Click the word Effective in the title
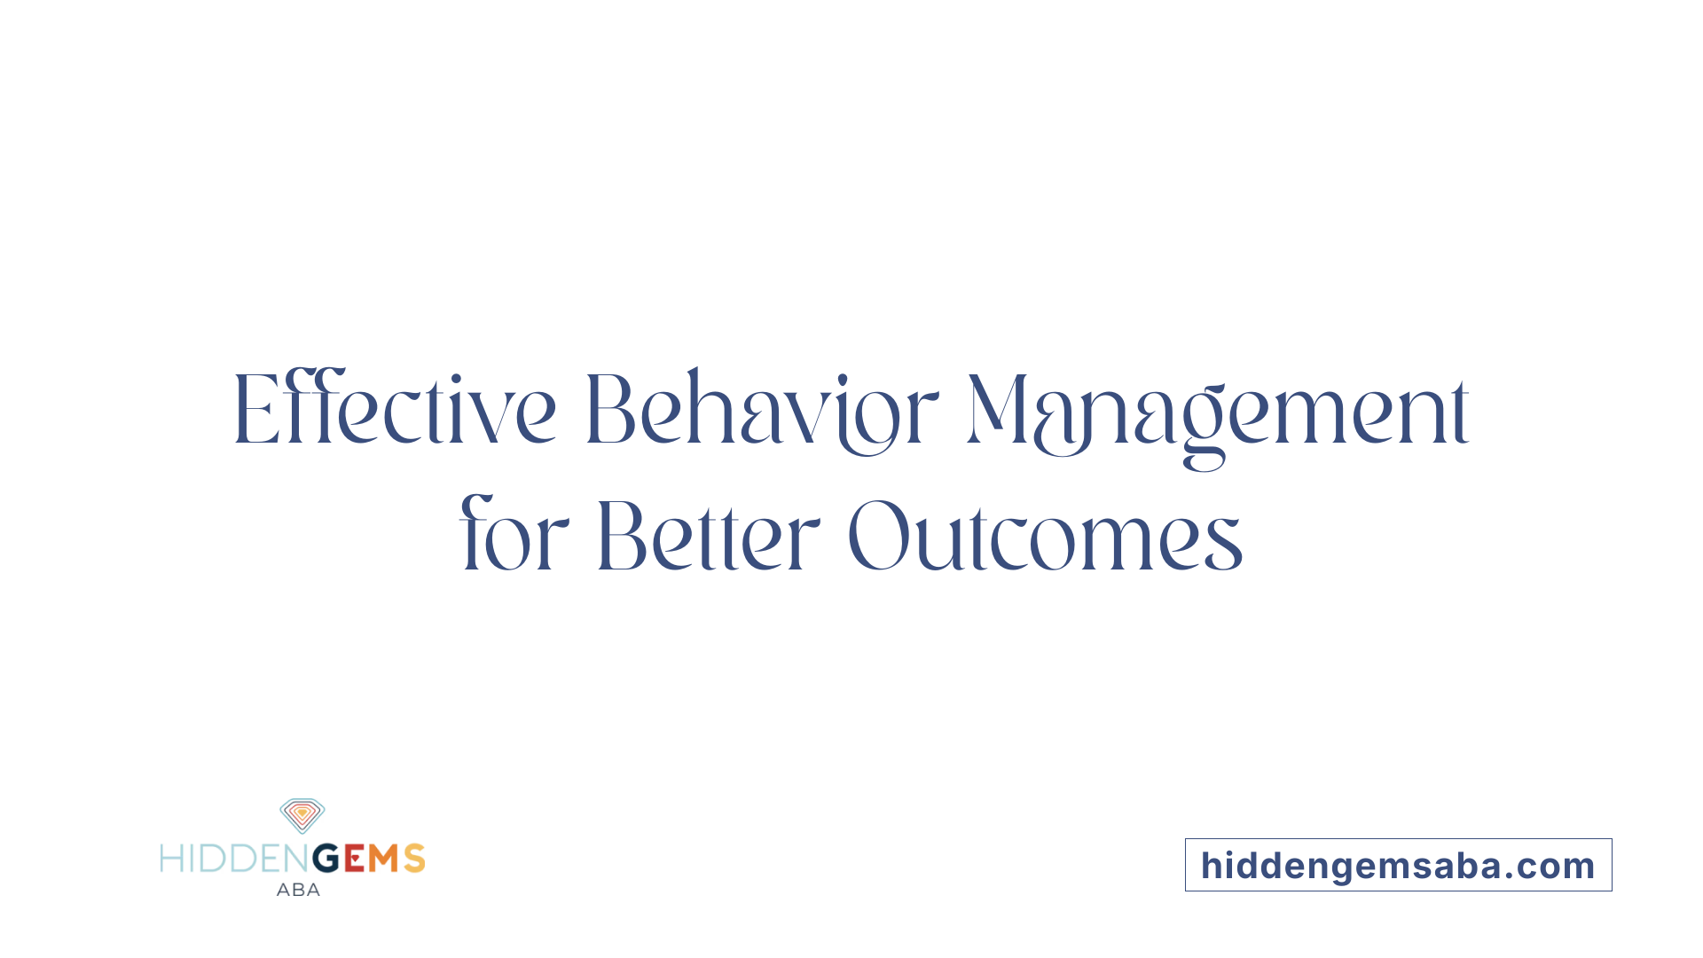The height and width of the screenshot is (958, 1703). [x=395, y=410]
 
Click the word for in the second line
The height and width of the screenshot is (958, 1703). [x=514, y=536]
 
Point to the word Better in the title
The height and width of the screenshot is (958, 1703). [x=708, y=536]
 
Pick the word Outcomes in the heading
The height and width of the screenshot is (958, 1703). [x=1045, y=536]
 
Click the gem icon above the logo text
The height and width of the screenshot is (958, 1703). [x=302, y=815]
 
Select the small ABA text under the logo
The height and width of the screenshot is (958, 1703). [x=298, y=890]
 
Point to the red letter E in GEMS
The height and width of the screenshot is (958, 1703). [x=354, y=859]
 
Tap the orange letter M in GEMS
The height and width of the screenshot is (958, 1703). [x=384, y=859]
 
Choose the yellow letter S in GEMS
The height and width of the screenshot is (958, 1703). [x=414, y=859]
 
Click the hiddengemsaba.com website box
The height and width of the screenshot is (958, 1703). [x=1398, y=865]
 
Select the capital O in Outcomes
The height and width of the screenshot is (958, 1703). [x=878, y=536]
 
